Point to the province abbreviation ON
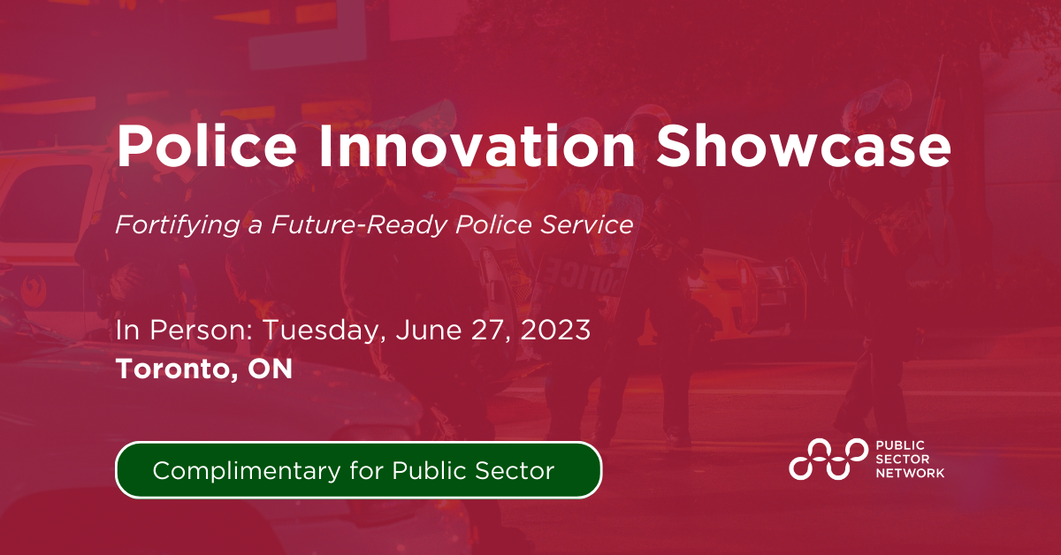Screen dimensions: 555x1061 [x=270, y=369]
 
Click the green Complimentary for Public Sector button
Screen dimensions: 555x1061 [x=358, y=470]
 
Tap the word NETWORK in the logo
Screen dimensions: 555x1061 [x=909, y=474]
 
